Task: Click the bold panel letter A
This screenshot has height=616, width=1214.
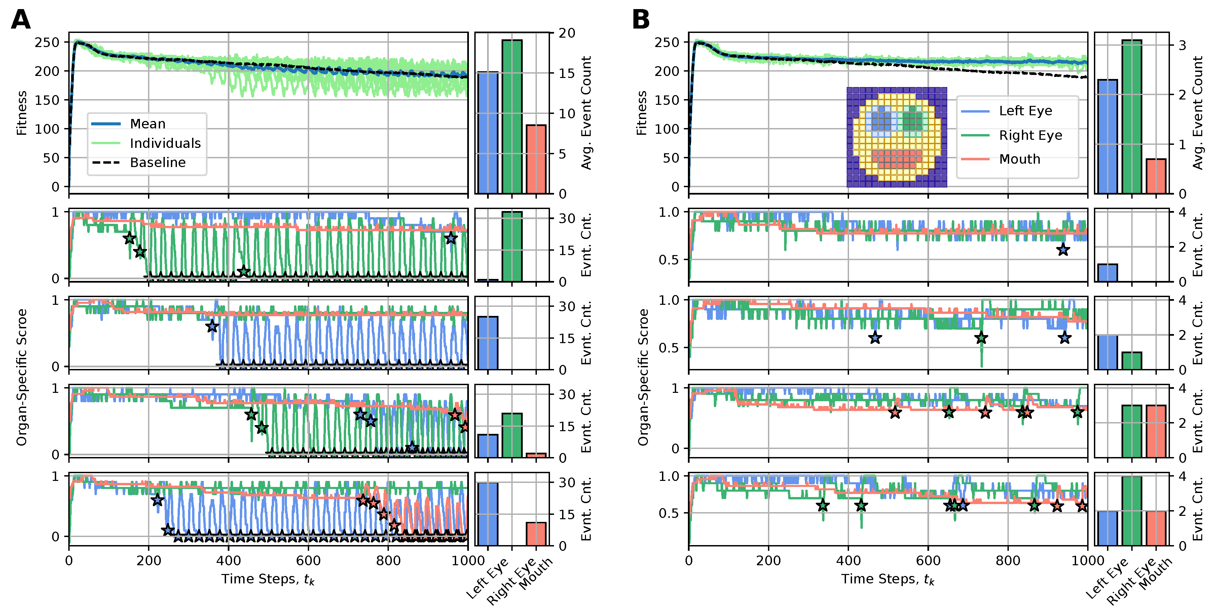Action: coord(21,20)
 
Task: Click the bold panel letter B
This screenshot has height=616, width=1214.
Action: coord(640,20)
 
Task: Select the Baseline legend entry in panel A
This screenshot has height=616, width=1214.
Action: coord(157,162)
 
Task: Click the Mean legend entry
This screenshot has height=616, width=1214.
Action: coord(148,124)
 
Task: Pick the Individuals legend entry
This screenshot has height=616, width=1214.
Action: coord(165,143)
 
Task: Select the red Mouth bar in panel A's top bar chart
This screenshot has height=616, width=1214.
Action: coord(536,159)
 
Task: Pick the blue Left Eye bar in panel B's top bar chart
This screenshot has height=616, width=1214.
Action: coord(1107,136)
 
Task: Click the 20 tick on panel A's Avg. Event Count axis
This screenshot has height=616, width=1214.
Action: coord(567,33)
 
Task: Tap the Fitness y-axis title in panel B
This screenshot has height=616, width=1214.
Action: coord(641,113)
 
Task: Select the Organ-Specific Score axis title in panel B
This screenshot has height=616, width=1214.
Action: coord(643,377)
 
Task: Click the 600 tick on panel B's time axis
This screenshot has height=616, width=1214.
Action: coord(928,561)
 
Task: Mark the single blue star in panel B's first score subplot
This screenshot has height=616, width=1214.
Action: coord(1063,250)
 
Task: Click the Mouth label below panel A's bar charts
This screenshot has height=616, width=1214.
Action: coord(536,574)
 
